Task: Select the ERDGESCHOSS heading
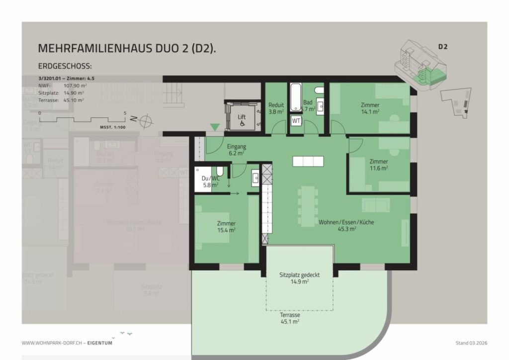tap(65, 66)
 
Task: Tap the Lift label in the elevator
tap(242, 117)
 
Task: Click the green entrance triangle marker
tap(214, 128)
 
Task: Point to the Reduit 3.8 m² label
tap(276, 108)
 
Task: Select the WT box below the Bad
tap(296, 121)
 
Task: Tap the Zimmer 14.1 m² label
tap(370, 108)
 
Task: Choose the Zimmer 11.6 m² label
tap(378, 165)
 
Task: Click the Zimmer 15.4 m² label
tap(226, 227)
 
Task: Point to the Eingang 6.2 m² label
tap(236, 150)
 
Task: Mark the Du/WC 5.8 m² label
tap(210, 181)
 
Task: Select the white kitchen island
tap(308, 162)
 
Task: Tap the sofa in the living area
tap(376, 205)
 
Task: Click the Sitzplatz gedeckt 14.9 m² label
tap(299, 278)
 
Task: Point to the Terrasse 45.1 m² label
tap(289, 318)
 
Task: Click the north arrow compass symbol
tap(145, 120)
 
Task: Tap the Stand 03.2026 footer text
tap(471, 343)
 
